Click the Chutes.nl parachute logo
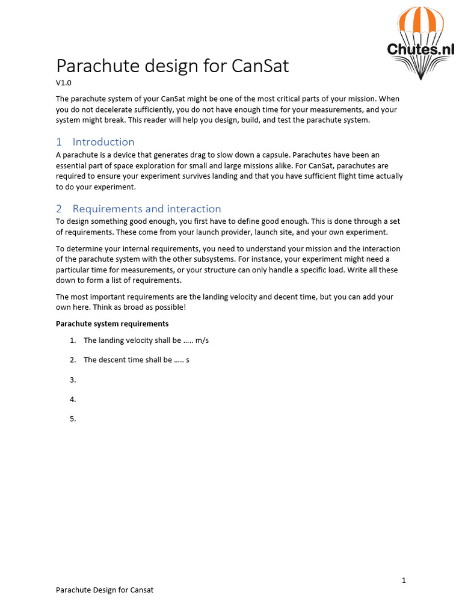click(420, 43)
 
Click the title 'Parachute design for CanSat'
click(172, 66)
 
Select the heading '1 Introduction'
click(95, 142)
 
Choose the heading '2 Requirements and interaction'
click(138, 209)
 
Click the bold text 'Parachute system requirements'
click(112, 324)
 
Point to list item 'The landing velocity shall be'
click(132, 340)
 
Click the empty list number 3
click(73, 380)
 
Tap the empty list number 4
click(73, 399)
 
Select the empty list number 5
click(73, 419)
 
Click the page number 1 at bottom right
click(404, 581)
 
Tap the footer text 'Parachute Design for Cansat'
click(105, 590)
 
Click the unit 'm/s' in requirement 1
click(202, 340)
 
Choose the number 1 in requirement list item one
click(73, 340)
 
